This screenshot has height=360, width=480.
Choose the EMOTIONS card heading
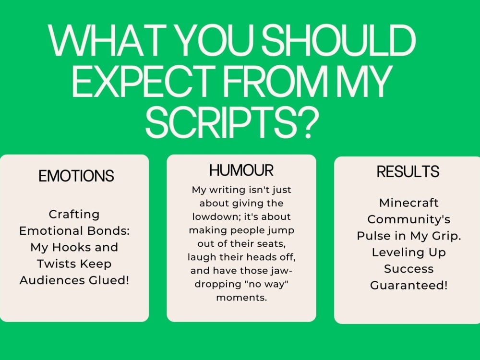click(76, 176)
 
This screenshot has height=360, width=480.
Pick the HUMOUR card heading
click(241, 170)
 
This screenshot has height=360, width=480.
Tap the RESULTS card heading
click(408, 171)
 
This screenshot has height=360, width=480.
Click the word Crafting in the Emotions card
click(74, 214)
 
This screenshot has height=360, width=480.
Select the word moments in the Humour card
click(241, 298)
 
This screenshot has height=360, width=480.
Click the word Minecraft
click(408, 203)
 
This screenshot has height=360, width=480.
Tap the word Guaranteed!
click(408, 285)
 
